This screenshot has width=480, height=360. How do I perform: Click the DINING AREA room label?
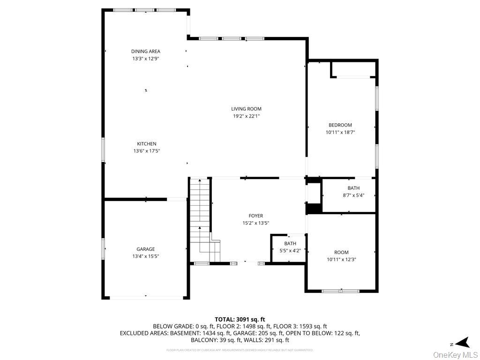(x=145, y=52)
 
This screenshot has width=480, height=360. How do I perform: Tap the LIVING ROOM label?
(x=246, y=109)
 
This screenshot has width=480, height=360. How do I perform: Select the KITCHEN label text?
(x=147, y=144)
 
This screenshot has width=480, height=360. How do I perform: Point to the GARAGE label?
(x=146, y=249)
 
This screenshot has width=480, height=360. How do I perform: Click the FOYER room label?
(x=255, y=216)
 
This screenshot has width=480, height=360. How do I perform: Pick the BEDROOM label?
(x=340, y=125)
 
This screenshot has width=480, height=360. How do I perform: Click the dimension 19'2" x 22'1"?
(x=246, y=116)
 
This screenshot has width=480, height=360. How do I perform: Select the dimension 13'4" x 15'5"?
(x=146, y=256)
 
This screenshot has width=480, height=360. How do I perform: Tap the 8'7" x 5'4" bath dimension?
(x=353, y=195)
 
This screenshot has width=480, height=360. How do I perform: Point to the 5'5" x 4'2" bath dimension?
(x=290, y=251)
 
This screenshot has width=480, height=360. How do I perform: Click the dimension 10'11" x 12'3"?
(x=341, y=259)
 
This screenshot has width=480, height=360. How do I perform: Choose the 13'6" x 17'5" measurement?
(x=147, y=151)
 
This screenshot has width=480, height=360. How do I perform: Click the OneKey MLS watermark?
(x=455, y=354)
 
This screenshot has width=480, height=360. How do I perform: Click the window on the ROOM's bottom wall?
(x=340, y=291)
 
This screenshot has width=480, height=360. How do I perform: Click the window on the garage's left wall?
(x=104, y=248)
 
